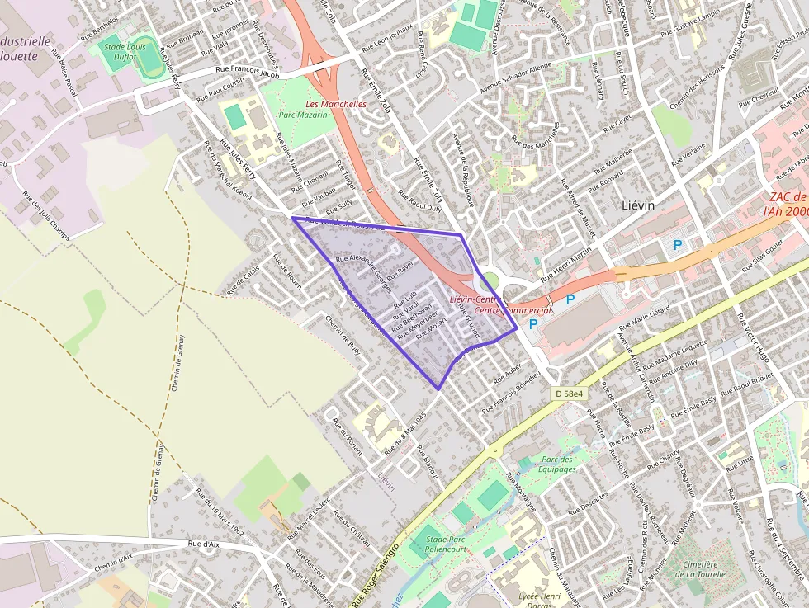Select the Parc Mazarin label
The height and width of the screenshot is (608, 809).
click(303, 115)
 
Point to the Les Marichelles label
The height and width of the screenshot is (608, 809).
click(335, 105)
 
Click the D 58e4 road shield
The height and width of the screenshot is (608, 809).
click(569, 394)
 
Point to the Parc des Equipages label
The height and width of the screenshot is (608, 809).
click(558, 464)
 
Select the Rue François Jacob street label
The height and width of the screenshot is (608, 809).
click(248, 73)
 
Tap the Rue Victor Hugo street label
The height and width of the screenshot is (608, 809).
click(752, 337)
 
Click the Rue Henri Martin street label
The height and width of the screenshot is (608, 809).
click(567, 262)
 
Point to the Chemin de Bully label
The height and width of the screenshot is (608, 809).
click(343, 337)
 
